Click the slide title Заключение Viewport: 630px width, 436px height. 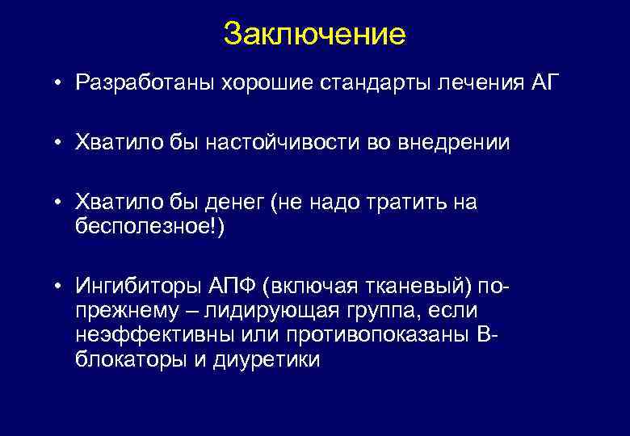click(314, 34)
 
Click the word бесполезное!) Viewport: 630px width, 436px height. click(151, 225)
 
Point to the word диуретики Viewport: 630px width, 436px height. click(267, 359)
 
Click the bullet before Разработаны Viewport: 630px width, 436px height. click(60, 84)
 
